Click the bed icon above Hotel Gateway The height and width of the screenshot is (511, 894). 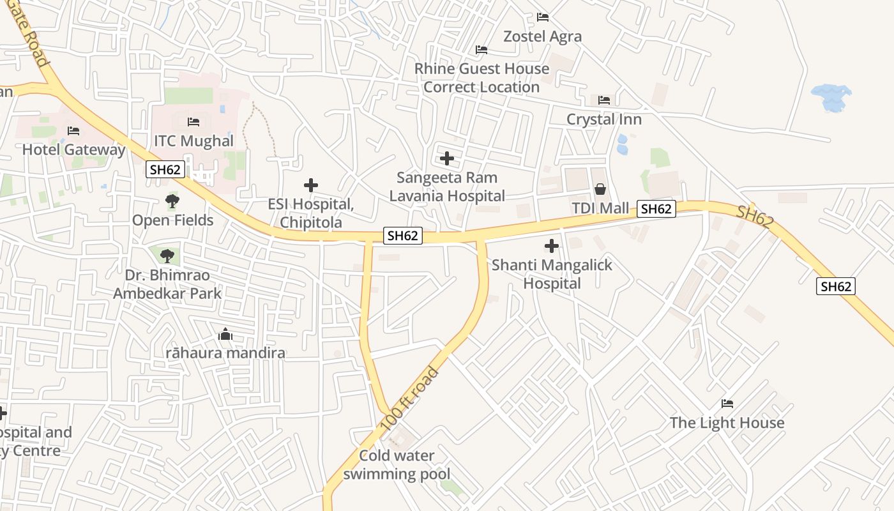coord(73,131)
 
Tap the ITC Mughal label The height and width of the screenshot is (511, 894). coord(193,141)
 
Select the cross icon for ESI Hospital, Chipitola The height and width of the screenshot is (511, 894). coord(311,185)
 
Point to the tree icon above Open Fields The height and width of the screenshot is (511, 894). coord(172,201)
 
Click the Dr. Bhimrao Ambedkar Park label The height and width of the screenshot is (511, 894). coord(167,284)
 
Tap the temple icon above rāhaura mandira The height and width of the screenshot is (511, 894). coord(225,334)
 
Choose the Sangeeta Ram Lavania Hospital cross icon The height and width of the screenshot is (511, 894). coord(447,158)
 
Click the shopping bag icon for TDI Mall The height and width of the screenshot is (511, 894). coord(600,189)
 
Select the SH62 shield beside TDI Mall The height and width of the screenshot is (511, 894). coord(656,209)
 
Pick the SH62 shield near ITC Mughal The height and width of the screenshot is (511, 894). coord(166,169)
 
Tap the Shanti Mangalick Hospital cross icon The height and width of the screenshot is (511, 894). coord(551,246)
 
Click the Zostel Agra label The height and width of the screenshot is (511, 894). coord(543,36)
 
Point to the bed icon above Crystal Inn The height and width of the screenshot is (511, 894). coord(604,100)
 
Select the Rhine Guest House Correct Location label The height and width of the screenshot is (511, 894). coord(481,78)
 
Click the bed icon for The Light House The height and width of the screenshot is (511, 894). coord(727,404)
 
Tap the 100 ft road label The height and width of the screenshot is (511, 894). coord(409,399)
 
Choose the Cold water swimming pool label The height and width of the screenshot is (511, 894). coord(397,465)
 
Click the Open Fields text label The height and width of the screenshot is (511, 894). coord(172,220)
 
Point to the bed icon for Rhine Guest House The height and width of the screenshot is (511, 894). coord(481,50)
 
